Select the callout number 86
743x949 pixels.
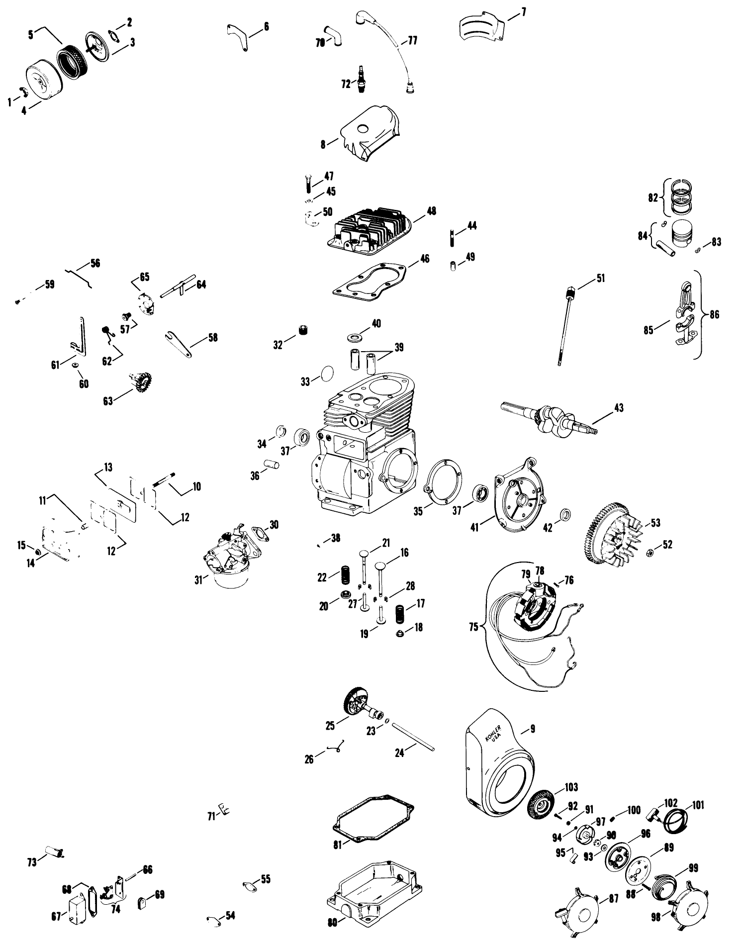(714, 315)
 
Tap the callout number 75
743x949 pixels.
(473, 626)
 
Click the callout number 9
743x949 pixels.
(533, 730)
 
